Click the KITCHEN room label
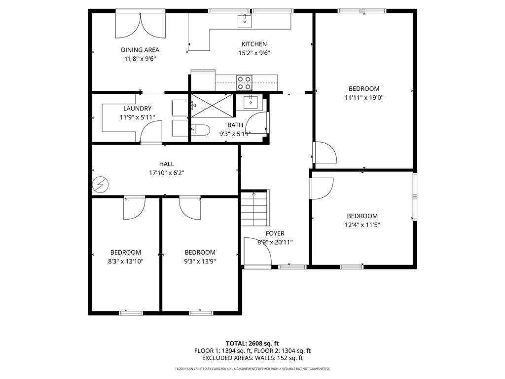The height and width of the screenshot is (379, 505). click(x=254, y=44)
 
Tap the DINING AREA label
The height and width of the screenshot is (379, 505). click(x=140, y=50)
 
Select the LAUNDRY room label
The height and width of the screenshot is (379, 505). click(x=137, y=109)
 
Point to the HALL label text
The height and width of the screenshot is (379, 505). click(x=166, y=164)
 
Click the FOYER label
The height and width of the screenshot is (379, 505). click(x=275, y=233)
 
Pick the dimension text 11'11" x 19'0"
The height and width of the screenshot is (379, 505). click(x=364, y=98)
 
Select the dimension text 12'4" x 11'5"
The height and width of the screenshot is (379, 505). click(x=362, y=225)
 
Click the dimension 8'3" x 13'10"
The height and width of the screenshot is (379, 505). click(x=126, y=262)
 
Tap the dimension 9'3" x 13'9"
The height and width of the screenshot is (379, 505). click(x=200, y=262)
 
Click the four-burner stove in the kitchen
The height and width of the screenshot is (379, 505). click(x=244, y=82)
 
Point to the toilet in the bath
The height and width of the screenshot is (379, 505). click(x=200, y=131)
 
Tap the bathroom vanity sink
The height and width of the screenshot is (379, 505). click(x=250, y=102)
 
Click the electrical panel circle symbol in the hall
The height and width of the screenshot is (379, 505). click(x=101, y=185)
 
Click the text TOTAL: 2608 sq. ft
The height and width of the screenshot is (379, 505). click(x=252, y=343)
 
